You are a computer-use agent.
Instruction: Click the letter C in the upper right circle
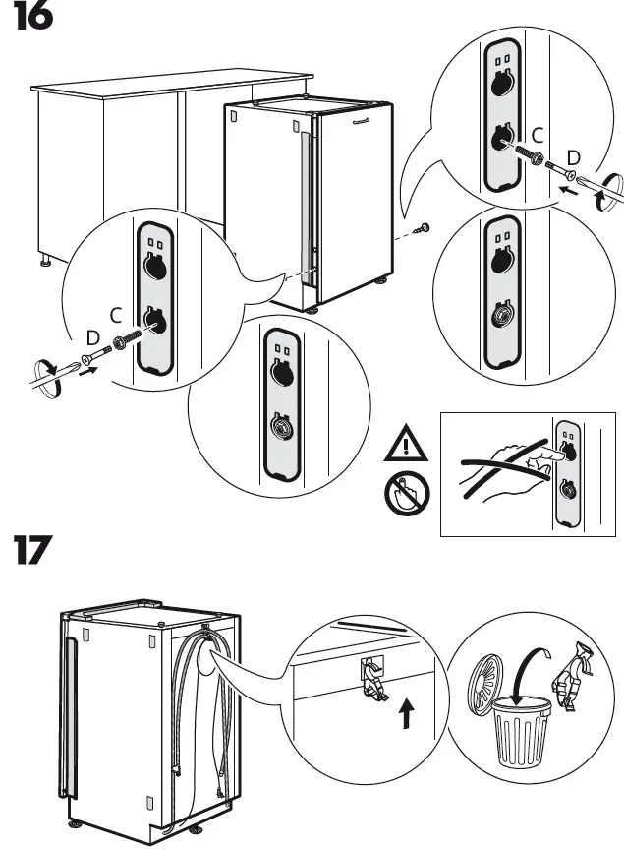537,135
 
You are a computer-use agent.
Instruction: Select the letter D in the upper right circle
574,157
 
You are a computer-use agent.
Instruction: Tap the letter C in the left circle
114,315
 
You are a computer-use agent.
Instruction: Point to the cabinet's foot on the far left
46,263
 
